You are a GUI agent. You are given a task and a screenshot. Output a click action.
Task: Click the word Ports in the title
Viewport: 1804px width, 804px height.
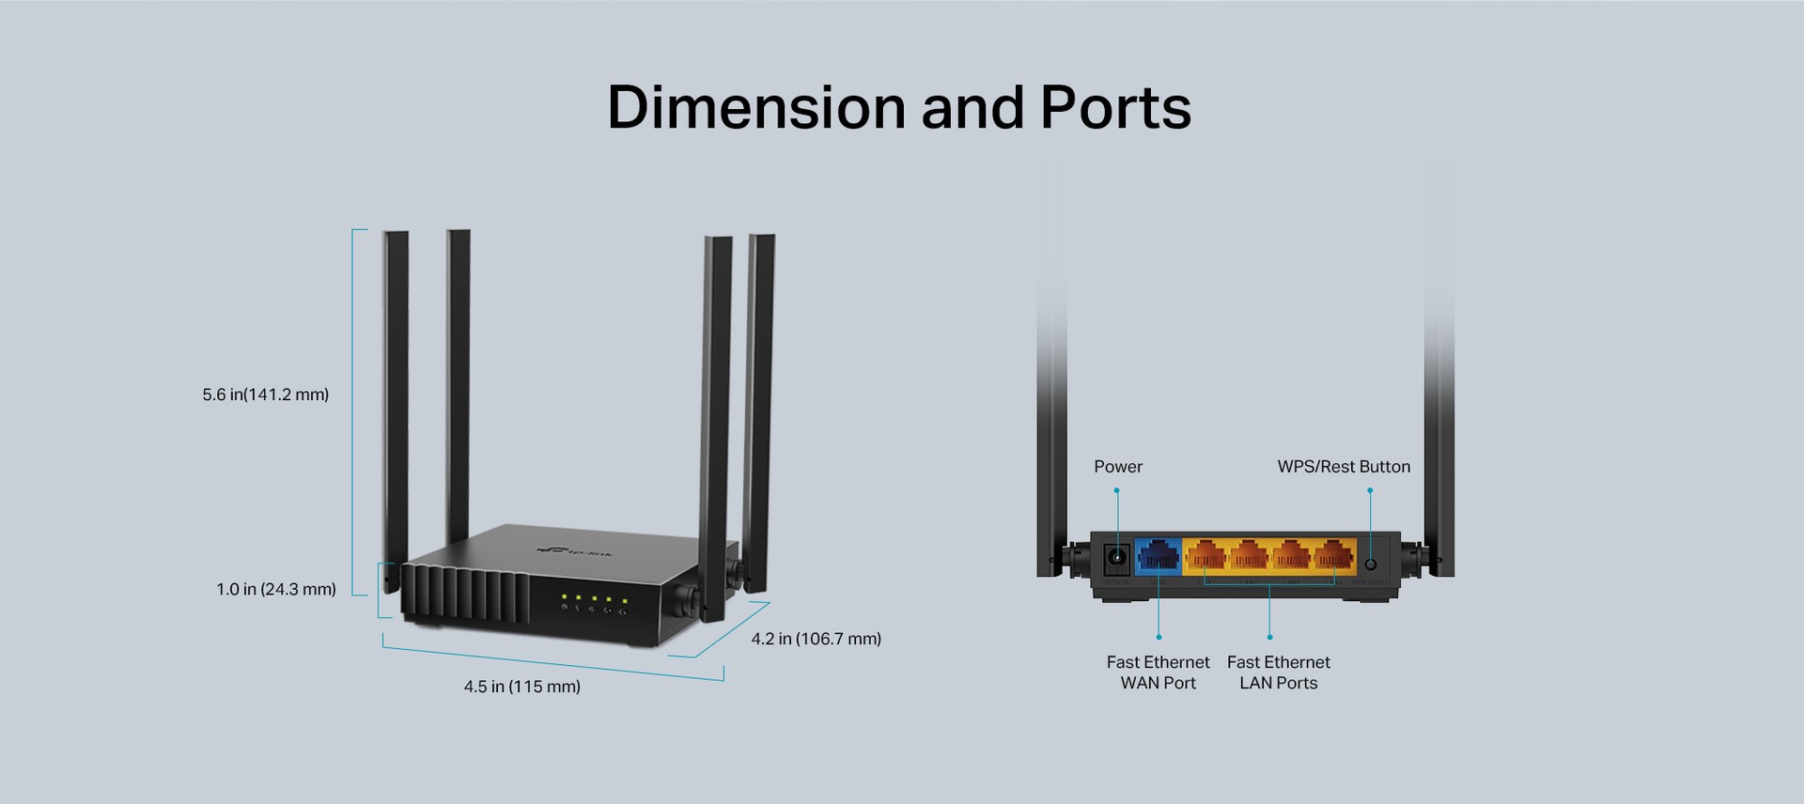1115,107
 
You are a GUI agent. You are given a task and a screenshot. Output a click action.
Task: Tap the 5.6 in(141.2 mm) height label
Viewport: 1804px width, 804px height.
266,394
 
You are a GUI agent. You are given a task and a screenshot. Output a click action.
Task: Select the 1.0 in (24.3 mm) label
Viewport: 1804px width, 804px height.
276,590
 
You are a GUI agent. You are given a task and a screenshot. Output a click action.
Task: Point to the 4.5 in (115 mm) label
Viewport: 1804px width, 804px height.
522,687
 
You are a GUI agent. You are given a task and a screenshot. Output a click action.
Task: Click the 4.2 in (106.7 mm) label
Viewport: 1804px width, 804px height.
816,639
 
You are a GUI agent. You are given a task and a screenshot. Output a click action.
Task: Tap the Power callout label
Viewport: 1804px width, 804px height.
1118,467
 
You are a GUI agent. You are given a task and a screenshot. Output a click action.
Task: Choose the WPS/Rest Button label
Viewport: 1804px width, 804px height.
1344,467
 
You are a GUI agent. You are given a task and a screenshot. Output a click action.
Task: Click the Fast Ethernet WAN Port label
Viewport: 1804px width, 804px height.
1159,673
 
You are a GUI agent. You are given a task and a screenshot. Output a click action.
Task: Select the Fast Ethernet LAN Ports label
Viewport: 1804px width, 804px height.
1279,673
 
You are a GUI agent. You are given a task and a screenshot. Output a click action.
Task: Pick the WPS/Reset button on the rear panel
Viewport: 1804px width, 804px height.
1370,564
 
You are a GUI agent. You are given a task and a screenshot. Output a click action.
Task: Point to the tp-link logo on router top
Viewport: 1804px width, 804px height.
574,552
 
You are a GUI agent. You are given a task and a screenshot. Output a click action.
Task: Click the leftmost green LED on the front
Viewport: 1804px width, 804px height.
564,596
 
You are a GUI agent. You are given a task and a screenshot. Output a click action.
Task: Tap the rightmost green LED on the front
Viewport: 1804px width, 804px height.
624,600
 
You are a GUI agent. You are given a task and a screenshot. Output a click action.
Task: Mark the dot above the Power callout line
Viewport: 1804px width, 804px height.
1116,490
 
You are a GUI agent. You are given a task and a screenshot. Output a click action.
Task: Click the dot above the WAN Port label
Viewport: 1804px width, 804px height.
1159,638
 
